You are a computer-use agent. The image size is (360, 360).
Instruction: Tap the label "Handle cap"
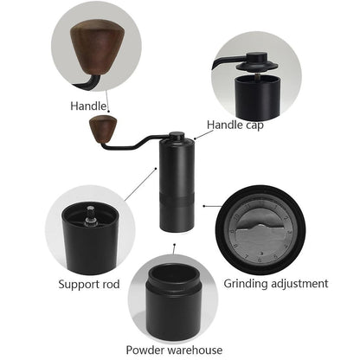tap(235, 125)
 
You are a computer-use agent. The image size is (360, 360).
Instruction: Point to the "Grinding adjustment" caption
tap(276, 283)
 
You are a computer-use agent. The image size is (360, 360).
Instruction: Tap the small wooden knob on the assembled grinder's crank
tap(103, 130)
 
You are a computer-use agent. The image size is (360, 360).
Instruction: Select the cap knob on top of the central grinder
tap(176, 137)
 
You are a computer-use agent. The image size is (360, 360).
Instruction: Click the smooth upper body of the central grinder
tap(176, 170)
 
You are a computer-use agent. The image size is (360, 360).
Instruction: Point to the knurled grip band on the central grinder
tap(176, 205)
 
